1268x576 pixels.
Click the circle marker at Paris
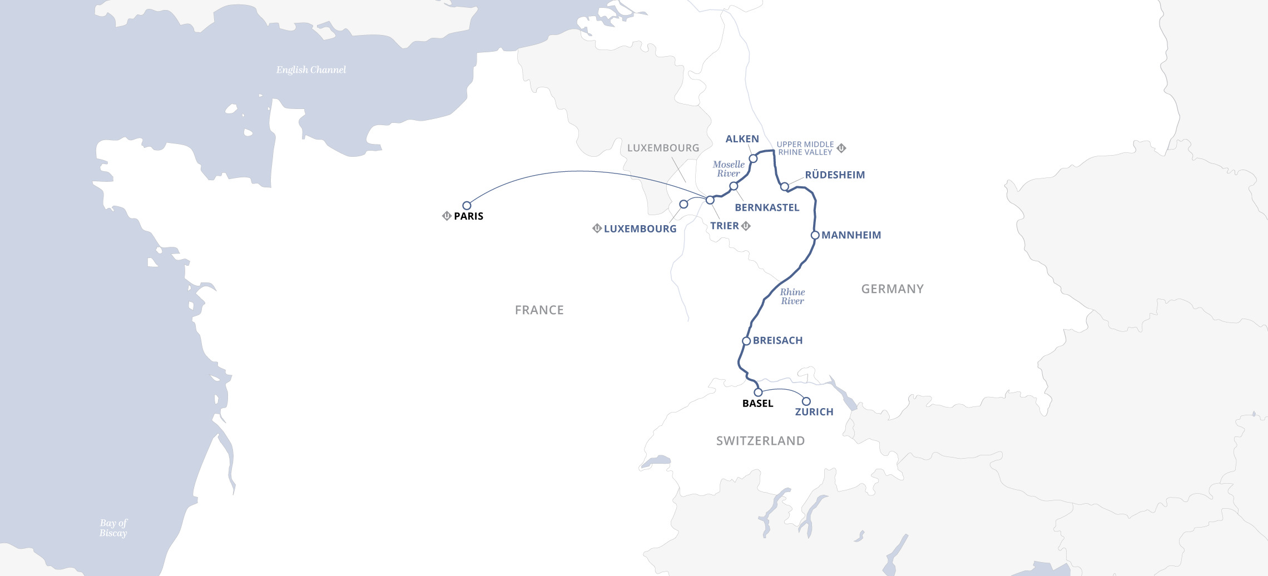click(467, 206)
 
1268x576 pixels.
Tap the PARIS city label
click(468, 216)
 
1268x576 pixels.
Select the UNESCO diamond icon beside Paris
click(446, 216)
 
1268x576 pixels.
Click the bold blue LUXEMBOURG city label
click(640, 229)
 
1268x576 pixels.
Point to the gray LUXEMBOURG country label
click(663, 148)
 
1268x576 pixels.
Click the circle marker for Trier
click(710, 200)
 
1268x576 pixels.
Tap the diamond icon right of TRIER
click(746, 226)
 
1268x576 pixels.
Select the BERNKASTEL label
click(767, 207)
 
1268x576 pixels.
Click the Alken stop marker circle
click(753, 158)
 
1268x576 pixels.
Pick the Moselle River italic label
click(729, 169)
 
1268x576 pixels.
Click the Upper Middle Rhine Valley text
click(805, 148)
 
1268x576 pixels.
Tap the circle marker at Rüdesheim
click(784, 186)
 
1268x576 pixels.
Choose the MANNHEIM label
click(851, 235)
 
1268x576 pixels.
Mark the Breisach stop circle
click(746, 341)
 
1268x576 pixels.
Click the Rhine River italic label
click(792, 296)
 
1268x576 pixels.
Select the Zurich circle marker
click(806, 401)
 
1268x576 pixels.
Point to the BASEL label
click(757, 404)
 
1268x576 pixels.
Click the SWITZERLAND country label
click(760, 441)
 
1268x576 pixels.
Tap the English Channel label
click(311, 70)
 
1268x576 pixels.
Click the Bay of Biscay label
click(113, 528)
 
